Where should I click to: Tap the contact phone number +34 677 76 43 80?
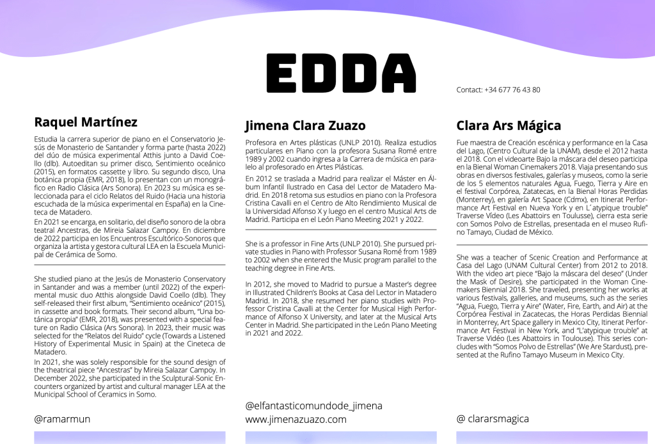[512, 90]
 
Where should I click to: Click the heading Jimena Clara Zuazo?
[305, 125]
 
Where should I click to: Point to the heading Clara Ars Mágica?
[509, 125]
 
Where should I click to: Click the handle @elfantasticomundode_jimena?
[313, 406]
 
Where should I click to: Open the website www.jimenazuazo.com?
[296, 420]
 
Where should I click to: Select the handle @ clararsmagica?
[493, 419]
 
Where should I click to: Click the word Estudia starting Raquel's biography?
[47, 138]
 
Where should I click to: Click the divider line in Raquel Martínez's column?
[129, 264]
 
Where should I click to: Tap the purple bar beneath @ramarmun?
[129, 438]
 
